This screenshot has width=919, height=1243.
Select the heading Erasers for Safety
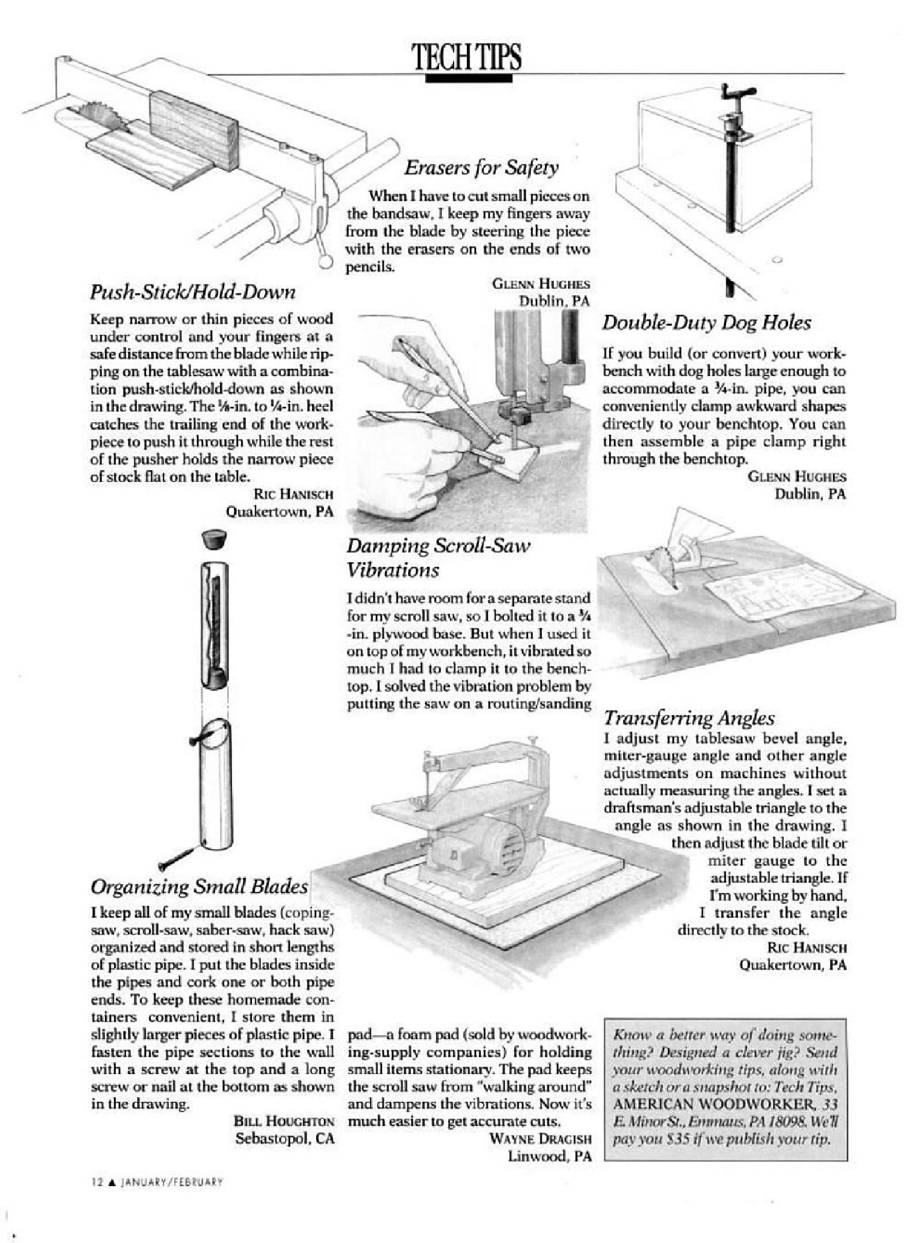tap(481, 167)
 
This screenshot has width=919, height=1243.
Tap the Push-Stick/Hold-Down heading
tap(192, 291)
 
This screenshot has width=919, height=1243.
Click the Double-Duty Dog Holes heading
tap(706, 323)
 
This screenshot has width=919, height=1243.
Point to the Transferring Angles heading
tap(689, 718)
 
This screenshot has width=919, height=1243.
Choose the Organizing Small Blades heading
tap(199, 886)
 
